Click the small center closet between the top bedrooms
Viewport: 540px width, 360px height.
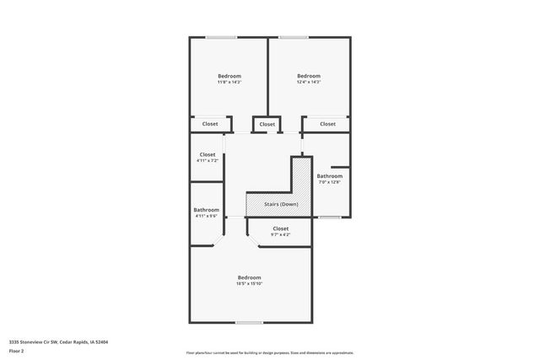tap(267, 125)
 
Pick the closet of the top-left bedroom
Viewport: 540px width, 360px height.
tap(210, 124)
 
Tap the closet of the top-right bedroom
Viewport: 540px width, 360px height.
tap(327, 124)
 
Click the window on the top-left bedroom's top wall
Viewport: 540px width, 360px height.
tap(222, 37)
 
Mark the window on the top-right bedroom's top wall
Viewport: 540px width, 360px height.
tap(293, 37)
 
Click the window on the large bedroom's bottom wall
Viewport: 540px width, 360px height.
tap(249, 322)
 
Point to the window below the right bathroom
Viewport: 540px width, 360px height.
tap(330, 218)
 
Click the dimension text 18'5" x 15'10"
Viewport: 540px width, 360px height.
tap(249, 284)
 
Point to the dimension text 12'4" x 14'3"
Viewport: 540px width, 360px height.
tap(309, 82)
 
